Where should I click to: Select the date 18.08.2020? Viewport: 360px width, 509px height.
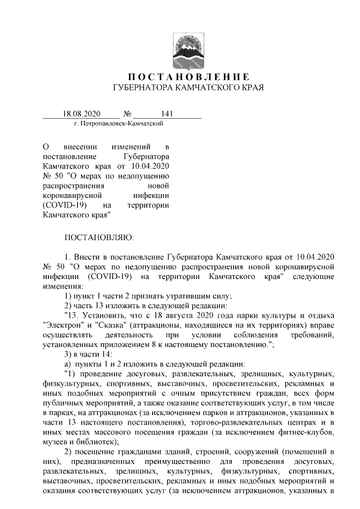[82, 114]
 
